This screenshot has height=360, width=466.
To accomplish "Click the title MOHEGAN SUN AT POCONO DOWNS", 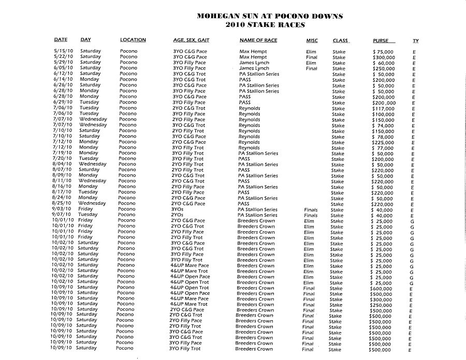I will click(270, 16).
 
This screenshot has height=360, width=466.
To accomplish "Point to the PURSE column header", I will click(381, 40).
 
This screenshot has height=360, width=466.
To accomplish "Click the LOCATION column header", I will click(133, 40).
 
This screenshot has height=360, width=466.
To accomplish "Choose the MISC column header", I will click(312, 40).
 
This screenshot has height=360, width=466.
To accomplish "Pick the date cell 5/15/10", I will click(63, 52).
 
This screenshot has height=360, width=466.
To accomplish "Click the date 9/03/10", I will click(62, 209).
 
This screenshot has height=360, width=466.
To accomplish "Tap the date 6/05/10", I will click(63, 68).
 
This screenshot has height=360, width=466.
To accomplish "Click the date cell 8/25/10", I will click(62, 204).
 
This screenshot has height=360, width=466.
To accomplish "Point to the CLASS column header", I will click(340, 40).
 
